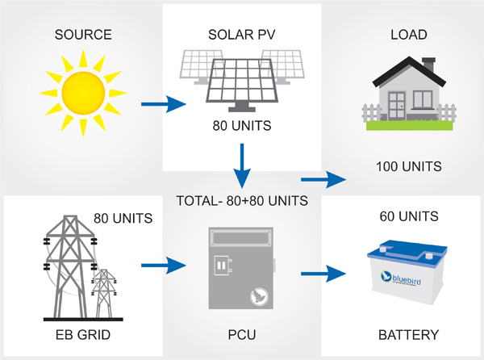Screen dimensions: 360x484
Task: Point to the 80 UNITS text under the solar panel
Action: point(242,126)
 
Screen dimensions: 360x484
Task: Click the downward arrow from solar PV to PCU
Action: point(242,166)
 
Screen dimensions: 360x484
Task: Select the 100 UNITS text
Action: point(408,167)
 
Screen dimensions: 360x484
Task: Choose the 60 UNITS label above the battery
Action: point(408,216)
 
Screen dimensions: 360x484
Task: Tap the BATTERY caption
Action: point(408,334)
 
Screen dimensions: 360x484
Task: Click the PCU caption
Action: point(242,334)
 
